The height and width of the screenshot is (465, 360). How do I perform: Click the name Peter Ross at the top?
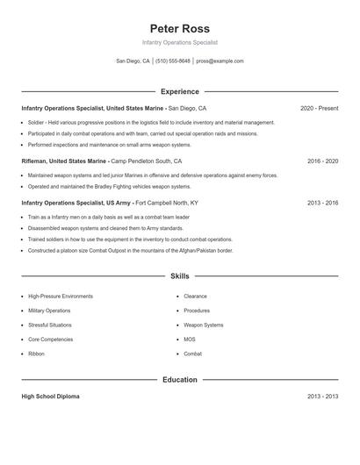coord(179,28)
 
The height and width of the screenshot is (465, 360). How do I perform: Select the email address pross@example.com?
coord(220,61)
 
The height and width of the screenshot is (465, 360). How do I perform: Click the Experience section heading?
coord(179,91)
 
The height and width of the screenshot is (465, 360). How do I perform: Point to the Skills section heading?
coord(179,276)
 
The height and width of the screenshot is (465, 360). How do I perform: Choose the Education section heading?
coord(179,380)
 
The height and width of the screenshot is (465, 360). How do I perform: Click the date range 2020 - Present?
coord(319,108)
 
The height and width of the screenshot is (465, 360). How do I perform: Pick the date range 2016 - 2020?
coord(322,161)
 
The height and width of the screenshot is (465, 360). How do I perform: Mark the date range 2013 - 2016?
coord(322,203)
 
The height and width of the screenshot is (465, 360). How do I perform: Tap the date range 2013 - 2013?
coord(322,397)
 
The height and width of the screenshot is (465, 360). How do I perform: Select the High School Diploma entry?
coord(50,397)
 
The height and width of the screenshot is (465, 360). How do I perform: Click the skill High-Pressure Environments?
coord(60,297)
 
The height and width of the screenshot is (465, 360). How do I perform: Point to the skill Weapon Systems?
coord(203,325)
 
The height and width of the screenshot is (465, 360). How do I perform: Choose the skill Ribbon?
coord(36,354)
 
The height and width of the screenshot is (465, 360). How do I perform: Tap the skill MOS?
coord(190,340)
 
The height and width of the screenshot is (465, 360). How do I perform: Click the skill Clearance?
coord(195,297)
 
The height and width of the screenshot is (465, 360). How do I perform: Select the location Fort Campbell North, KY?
coord(167,203)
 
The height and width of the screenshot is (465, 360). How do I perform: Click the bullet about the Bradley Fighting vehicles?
coord(109,186)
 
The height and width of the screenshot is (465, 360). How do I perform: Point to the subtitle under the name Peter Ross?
coord(179,42)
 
